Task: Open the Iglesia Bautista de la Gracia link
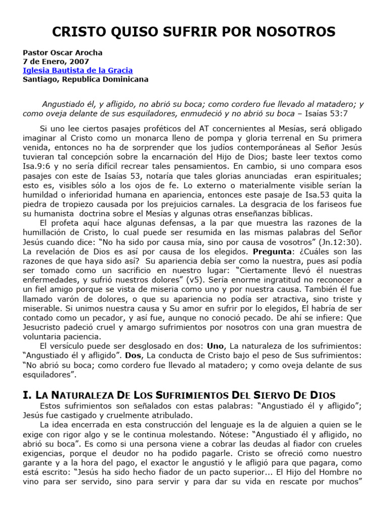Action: (78, 71)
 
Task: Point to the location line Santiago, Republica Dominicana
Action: (86, 80)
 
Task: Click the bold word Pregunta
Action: (272, 251)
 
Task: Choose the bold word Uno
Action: (216, 346)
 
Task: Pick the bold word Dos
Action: (134, 356)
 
